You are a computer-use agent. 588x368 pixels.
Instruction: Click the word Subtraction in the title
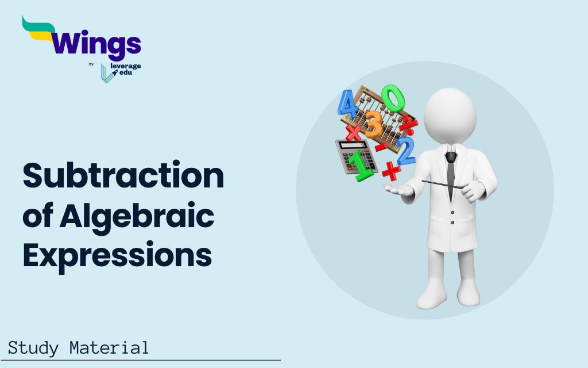pyautogui.click(x=123, y=177)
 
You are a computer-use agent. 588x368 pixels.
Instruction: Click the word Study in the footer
pyautogui.click(x=34, y=348)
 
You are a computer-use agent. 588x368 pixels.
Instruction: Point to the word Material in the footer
pyautogui.click(x=109, y=348)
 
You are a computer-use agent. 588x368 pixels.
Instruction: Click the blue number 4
pyautogui.click(x=346, y=104)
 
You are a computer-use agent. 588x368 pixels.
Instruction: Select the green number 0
pyautogui.click(x=393, y=98)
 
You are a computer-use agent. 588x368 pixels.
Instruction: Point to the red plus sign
pyautogui.click(x=390, y=171)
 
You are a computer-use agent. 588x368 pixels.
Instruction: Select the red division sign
pyautogui.click(x=408, y=122)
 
